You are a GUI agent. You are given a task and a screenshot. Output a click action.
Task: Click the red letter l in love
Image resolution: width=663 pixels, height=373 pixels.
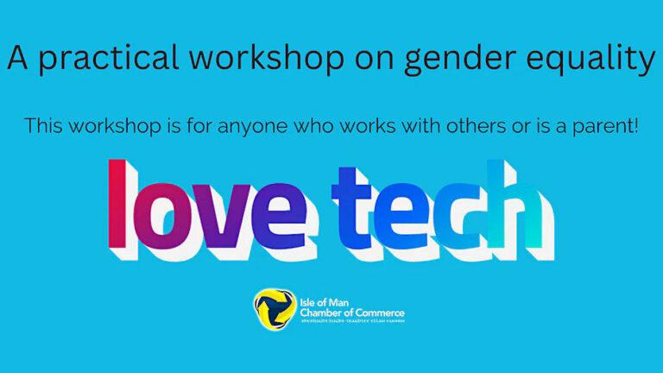[116, 202]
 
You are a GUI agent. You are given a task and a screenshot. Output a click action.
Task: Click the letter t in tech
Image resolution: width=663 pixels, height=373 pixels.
[350, 206]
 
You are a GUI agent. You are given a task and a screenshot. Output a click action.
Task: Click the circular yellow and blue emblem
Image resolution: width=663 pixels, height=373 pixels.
[271, 306]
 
